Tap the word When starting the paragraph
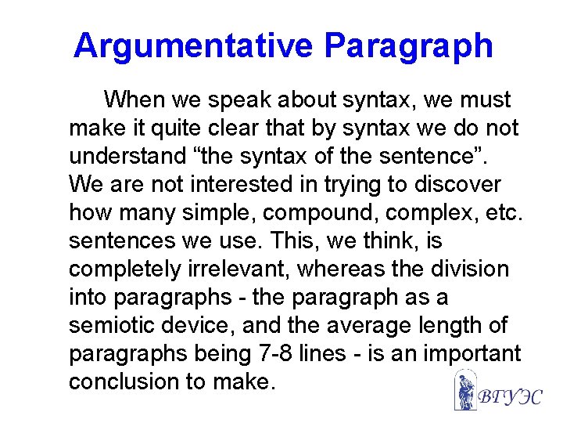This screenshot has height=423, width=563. [133, 100]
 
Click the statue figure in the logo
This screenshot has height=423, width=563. [465, 390]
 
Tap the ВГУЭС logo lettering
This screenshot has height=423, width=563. [509, 396]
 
